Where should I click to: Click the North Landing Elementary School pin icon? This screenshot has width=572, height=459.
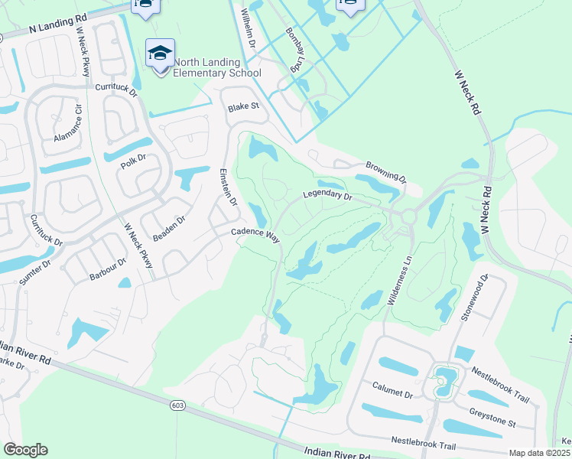click(160, 54)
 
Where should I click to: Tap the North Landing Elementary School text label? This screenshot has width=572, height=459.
click(217, 68)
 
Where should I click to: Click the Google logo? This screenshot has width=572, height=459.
click(25, 449)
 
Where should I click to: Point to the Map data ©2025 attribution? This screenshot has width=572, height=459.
click(539, 453)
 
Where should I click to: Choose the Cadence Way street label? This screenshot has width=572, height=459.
click(255, 234)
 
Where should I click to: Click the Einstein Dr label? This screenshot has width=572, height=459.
click(229, 187)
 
